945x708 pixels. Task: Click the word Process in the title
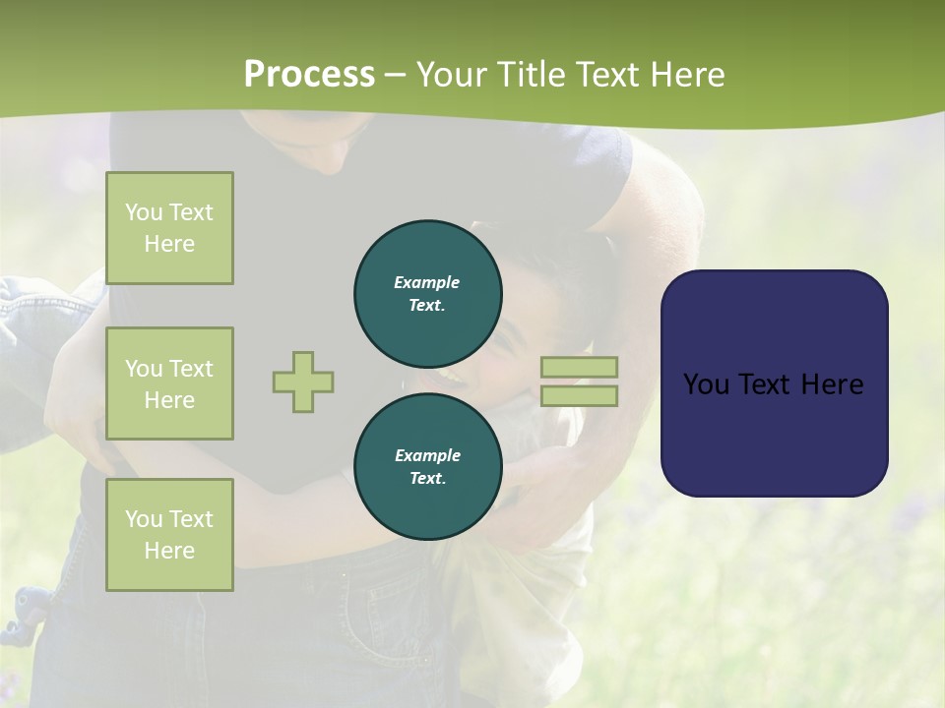coord(309,75)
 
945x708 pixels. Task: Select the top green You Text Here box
coord(169,228)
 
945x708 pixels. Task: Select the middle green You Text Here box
coord(169,383)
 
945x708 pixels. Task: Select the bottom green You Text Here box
coord(169,535)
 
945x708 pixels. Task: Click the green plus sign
coord(303,382)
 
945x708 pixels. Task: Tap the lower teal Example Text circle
coord(428,467)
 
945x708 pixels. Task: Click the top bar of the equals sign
coord(579,367)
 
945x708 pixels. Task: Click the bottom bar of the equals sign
coord(579,396)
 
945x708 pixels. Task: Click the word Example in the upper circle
coord(427,282)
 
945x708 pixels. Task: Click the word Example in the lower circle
coord(427,455)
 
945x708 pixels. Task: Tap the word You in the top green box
coord(144,212)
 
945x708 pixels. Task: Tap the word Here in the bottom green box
coord(169,551)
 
